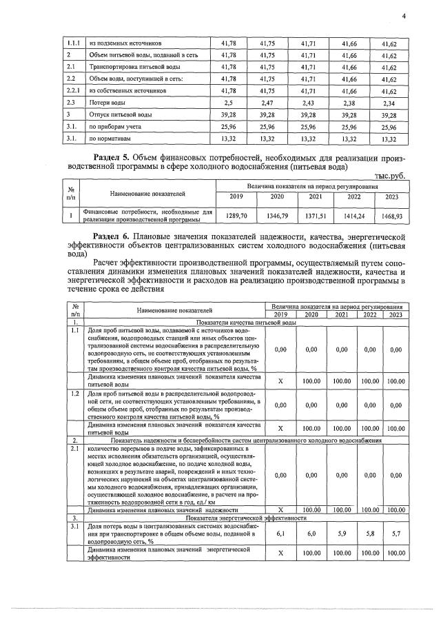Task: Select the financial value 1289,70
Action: point(236,216)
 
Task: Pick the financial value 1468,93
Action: point(392,216)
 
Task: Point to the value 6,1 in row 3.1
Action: point(280,534)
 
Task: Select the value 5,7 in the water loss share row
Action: point(395,534)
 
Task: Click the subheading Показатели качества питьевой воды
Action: point(247,322)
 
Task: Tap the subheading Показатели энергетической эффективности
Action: point(247,516)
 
